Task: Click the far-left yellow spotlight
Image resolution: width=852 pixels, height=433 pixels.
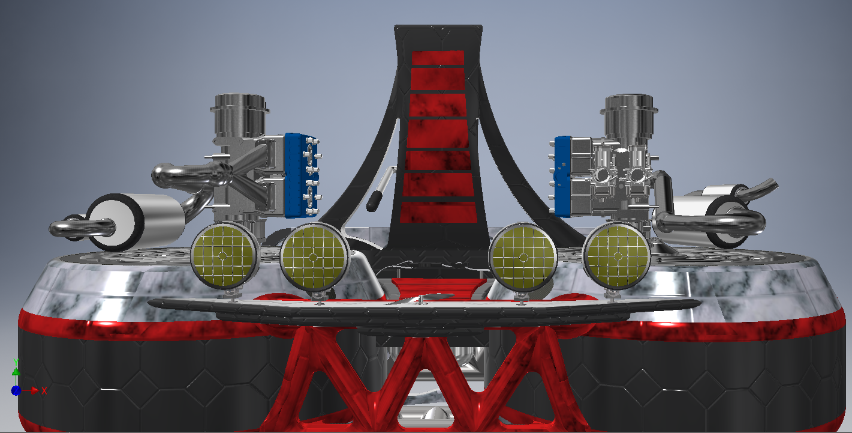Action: point(224,255)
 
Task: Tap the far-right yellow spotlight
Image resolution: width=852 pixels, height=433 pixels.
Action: point(616,256)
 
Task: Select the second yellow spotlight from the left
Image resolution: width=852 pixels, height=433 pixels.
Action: point(314,256)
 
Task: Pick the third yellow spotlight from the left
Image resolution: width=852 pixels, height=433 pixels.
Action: point(523,256)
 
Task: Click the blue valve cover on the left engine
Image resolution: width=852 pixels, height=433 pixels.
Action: point(300,175)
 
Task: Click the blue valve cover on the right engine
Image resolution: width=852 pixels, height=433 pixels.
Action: point(563,177)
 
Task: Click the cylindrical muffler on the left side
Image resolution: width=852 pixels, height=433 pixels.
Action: point(135,222)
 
